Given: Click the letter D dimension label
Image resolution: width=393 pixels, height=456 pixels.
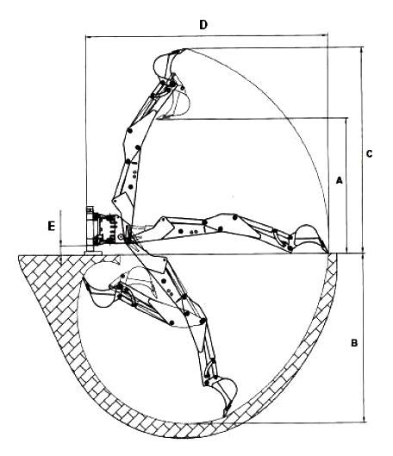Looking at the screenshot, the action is pos(203,25).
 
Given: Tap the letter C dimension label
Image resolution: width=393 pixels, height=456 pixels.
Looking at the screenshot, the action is pos(369,153).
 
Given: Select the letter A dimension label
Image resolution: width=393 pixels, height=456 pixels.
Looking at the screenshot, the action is pos(340,180).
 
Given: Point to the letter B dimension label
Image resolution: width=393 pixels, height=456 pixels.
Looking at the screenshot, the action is pos(354,343).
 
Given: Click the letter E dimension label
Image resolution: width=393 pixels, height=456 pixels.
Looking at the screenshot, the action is pos(51,226).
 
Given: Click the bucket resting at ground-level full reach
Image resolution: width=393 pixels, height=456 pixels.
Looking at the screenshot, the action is pos(309,238).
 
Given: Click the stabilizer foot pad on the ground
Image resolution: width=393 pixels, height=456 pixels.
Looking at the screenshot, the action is pos(93,253).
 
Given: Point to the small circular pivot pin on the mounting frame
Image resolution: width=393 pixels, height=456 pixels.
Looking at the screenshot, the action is pos(120,237).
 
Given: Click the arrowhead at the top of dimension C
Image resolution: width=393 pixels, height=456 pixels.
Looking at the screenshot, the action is pos(362,50).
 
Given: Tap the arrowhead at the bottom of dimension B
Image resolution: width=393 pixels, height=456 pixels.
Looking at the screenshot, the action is pos(364,420).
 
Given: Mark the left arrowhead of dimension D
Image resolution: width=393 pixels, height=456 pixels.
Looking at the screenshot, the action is pos(89,37).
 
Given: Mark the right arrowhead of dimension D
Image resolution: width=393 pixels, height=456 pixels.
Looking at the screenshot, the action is pos(325,35).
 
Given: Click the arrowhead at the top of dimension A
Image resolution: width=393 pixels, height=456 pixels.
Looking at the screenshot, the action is pos(346,121).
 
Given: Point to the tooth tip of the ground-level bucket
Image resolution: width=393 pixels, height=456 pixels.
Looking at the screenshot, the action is pos(328,253).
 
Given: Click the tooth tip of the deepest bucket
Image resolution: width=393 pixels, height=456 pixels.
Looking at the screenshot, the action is pos(224,416).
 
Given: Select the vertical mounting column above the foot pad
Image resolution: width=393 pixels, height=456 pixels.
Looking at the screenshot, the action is pos(90,228).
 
